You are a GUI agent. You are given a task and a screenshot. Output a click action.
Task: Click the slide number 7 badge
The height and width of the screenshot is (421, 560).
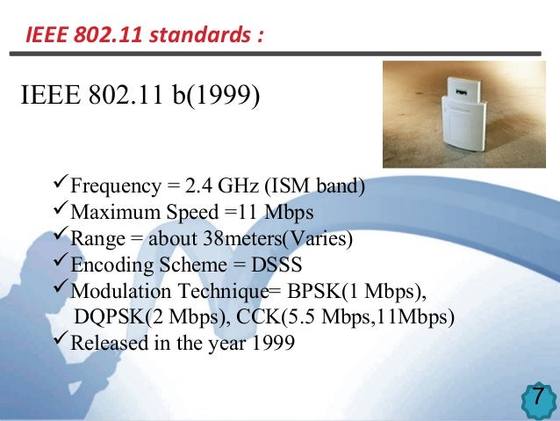pos(538,398)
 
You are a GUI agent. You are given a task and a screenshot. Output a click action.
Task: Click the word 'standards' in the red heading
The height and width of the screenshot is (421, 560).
pos(201,36)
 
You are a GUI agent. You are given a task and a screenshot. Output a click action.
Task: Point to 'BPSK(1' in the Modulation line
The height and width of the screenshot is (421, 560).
pos(358,291)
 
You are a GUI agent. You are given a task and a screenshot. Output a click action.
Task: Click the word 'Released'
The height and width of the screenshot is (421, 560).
pos(104,343)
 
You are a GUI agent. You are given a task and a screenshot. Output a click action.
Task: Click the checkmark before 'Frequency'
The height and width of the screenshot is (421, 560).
pos(60,185)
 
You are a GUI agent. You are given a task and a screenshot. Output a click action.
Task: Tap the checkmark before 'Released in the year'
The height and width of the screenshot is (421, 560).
pos(60,341)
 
